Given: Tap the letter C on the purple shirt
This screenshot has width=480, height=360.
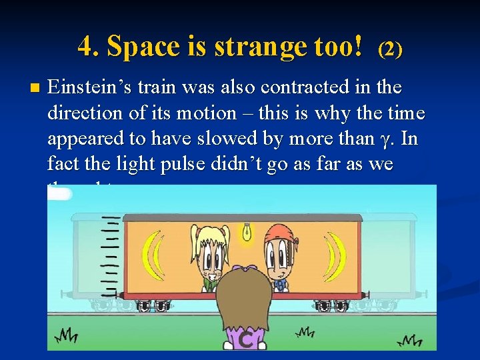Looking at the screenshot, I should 245,341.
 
